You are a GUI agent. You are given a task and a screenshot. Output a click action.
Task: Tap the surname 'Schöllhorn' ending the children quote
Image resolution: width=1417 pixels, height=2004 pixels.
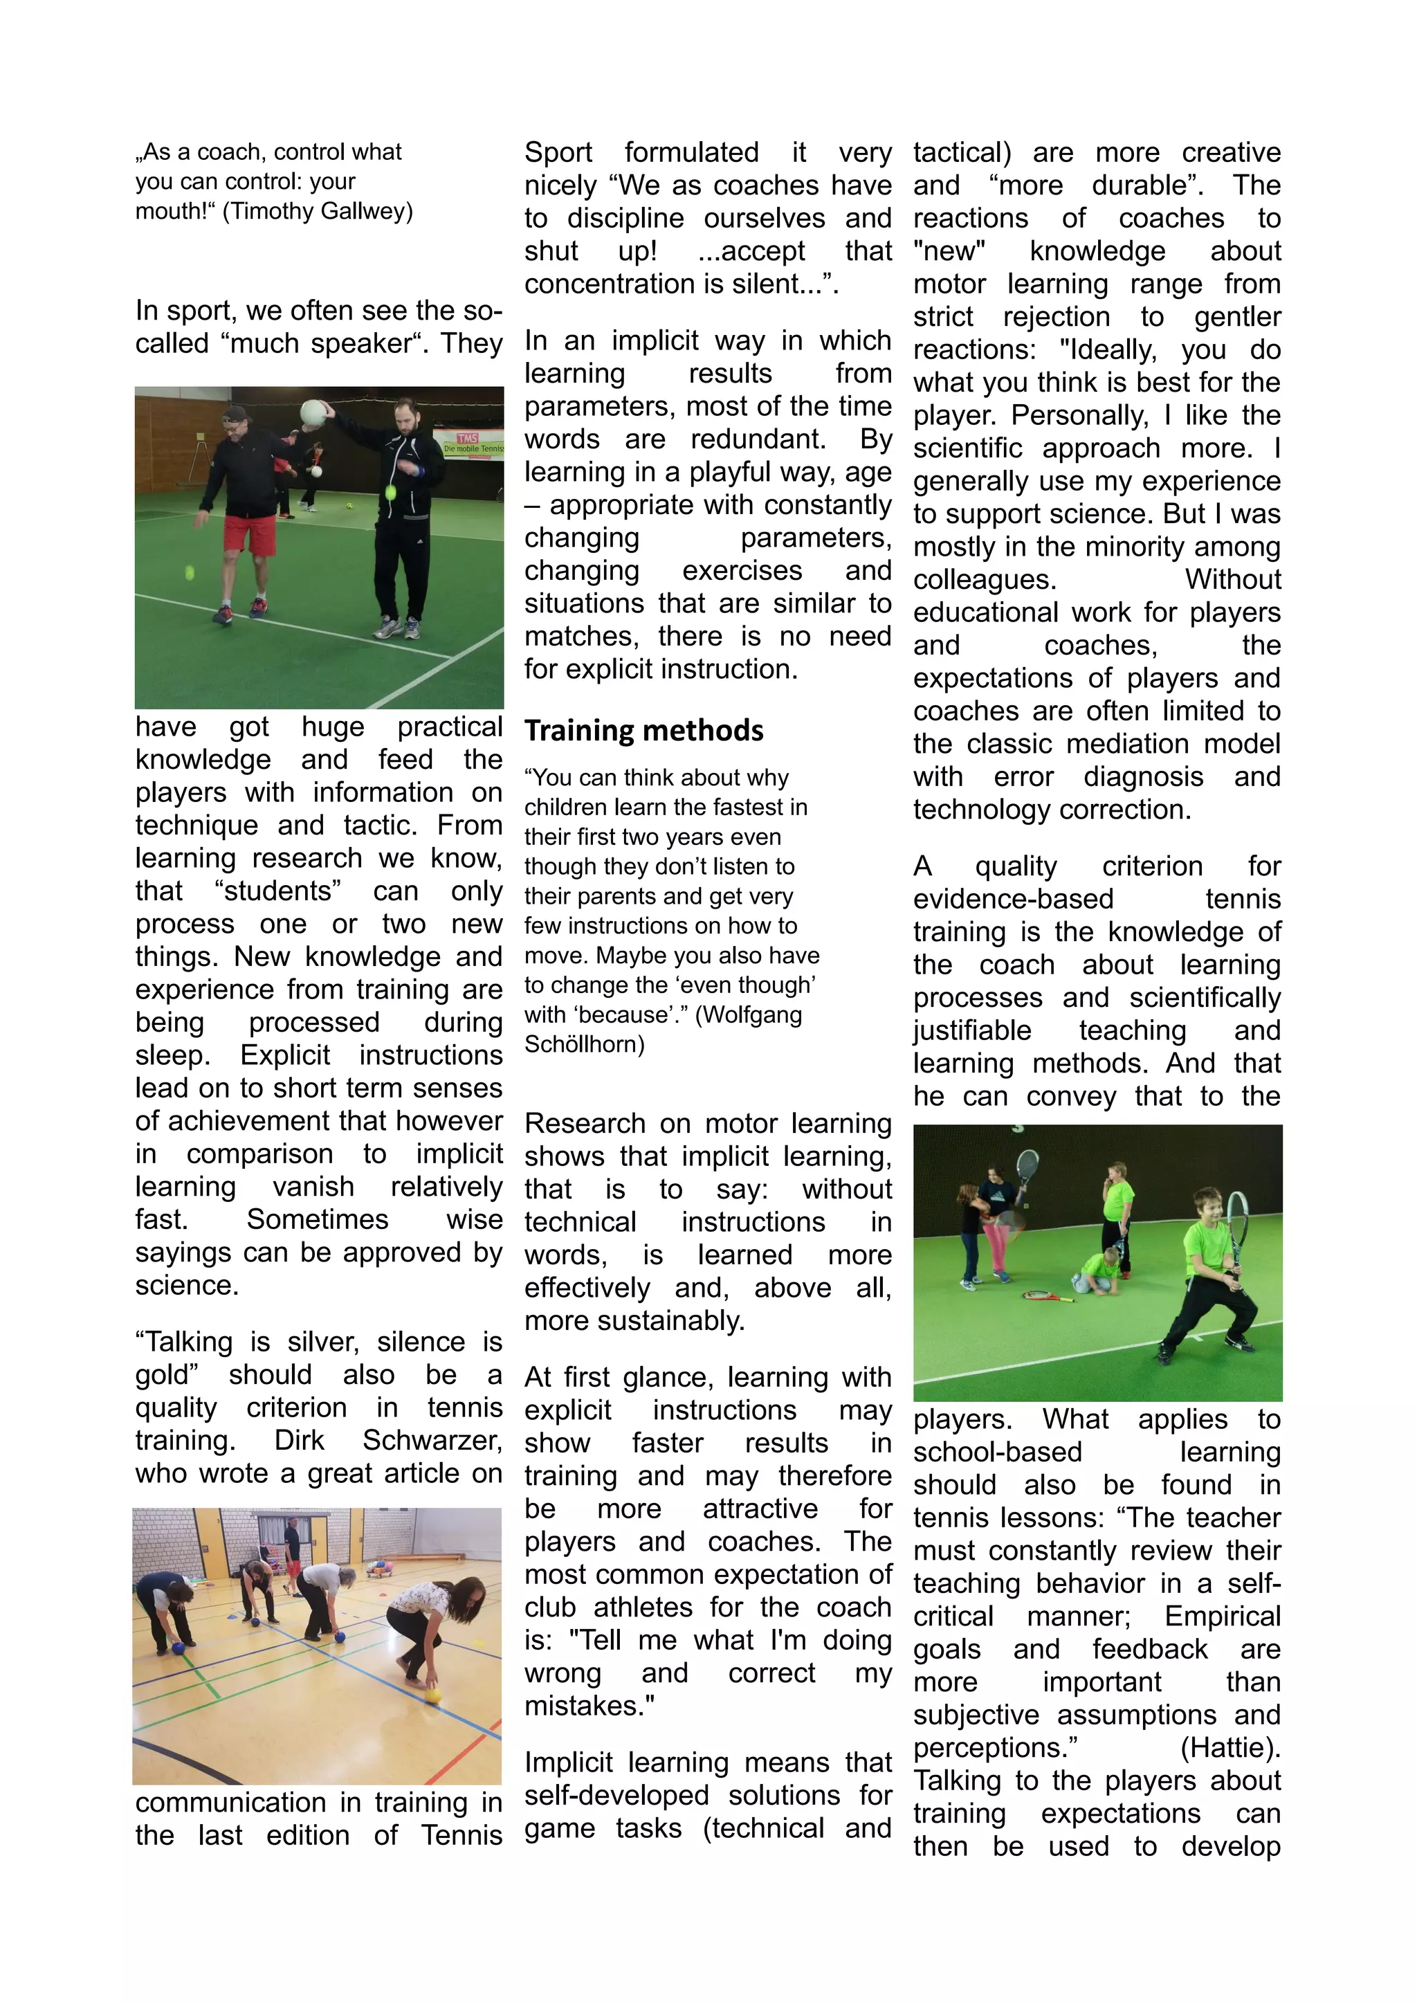(584, 1044)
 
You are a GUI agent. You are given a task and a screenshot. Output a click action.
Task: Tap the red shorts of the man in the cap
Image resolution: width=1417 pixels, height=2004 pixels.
(250, 534)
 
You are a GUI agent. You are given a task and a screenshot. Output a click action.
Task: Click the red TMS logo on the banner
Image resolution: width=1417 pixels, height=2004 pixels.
(468, 437)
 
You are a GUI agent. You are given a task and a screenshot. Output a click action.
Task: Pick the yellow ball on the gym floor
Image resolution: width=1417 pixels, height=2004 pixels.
(434, 1696)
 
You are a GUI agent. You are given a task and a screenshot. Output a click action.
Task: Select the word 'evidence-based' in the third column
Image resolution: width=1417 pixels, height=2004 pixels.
(1013, 899)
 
